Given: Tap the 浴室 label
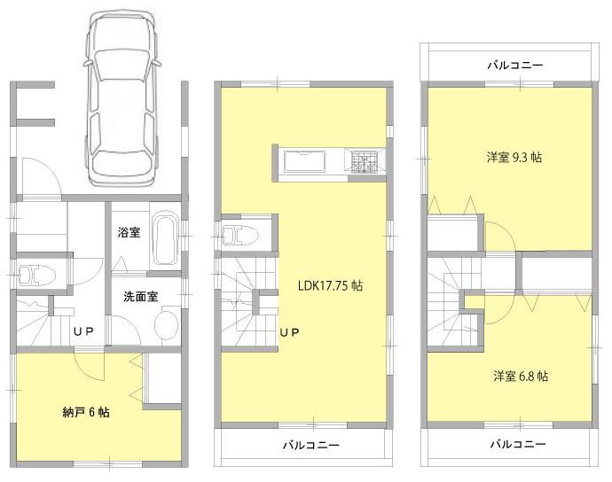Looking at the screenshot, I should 129,234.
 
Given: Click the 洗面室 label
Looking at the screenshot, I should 140,297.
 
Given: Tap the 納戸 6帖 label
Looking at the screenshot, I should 86,412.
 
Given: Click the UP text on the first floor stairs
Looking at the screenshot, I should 84,332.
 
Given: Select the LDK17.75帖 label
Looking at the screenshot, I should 329,286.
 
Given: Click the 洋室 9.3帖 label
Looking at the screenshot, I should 514,157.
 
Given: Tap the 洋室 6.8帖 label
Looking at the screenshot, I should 521,376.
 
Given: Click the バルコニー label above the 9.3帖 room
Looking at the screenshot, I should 514,65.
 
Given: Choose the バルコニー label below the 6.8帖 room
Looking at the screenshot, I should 517,444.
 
